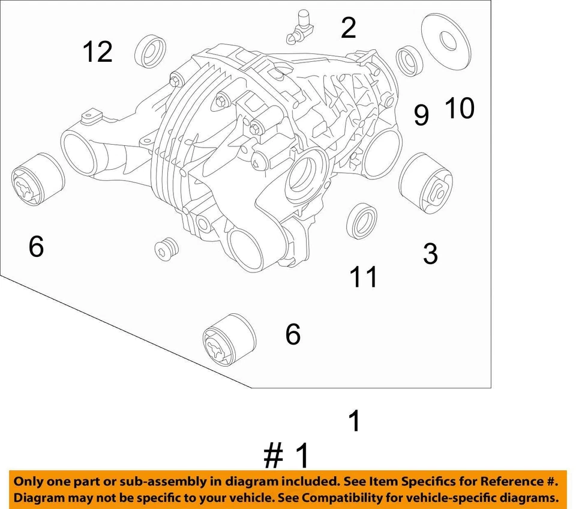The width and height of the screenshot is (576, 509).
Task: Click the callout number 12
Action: (x=97, y=52)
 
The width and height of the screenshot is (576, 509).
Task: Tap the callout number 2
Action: (x=348, y=28)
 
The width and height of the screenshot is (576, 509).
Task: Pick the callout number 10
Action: (x=459, y=109)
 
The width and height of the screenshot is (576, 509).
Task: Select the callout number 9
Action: (x=421, y=115)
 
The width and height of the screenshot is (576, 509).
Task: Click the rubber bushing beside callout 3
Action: (x=425, y=183)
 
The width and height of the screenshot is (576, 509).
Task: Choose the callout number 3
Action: (x=430, y=254)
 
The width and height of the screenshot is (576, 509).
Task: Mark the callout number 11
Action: (x=364, y=277)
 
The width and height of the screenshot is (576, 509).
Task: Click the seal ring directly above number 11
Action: (x=362, y=220)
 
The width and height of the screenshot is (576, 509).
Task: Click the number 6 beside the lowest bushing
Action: (x=292, y=334)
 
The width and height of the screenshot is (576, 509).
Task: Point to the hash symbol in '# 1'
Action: (x=274, y=457)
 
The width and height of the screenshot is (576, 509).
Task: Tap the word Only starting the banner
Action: (x=29, y=481)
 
